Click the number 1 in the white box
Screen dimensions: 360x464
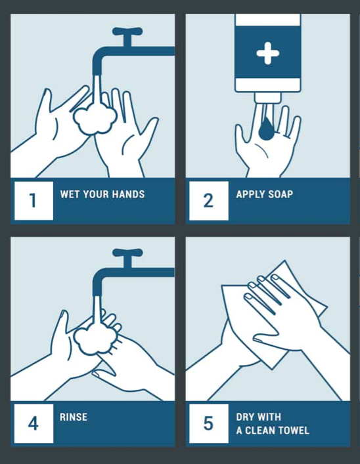(34, 200)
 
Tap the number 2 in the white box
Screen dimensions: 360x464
(208, 200)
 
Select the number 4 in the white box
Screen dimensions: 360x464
(34, 423)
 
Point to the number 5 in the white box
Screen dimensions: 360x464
(208, 423)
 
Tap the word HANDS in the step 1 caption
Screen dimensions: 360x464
(130, 194)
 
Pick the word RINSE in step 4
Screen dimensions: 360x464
(74, 417)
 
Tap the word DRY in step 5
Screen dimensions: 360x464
(246, 417)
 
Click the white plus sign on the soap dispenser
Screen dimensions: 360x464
(268, 53)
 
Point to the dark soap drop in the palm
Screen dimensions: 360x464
(266, 129)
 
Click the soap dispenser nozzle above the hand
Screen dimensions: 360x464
(268, 98)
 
